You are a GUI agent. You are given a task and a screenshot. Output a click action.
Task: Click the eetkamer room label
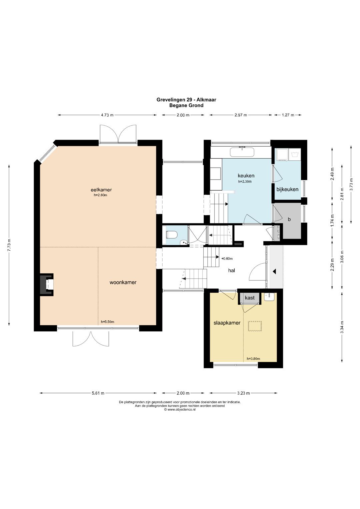[101, 190]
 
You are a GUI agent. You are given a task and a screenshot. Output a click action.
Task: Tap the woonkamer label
[123, 282]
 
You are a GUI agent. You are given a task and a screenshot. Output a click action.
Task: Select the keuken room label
[246, 175]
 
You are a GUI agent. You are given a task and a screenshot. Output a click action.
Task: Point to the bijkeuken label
[287, 189]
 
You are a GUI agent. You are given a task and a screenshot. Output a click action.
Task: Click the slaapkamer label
[227, 323]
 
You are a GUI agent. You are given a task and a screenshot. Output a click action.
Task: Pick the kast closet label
[250, 298]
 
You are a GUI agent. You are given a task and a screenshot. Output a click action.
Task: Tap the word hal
[232, 270]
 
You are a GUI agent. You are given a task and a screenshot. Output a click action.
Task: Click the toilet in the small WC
[171, 234]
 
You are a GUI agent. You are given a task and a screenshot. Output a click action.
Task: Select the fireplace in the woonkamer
[47, 284]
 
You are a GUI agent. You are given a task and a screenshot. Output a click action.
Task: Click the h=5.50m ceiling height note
[107, 322]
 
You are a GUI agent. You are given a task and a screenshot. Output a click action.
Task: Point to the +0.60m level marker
[227, 259]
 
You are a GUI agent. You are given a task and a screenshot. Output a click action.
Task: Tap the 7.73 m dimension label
[9, 245]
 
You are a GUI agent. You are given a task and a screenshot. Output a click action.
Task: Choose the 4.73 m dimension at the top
[107, 115]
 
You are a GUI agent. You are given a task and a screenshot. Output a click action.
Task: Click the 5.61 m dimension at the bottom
[98, 393]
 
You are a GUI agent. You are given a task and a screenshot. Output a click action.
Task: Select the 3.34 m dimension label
[342, 327]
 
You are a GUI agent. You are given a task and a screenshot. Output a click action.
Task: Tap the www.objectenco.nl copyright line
[180, 409]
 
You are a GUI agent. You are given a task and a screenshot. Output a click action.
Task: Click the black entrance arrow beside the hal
[275, 271]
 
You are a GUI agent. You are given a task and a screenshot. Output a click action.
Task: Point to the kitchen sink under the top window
[242, 152]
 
